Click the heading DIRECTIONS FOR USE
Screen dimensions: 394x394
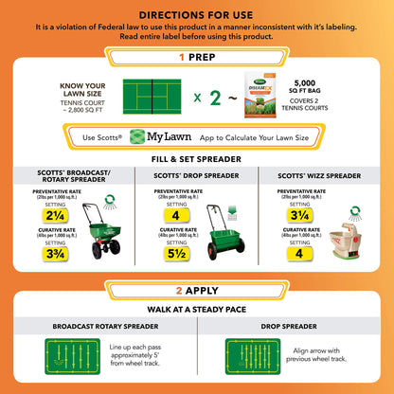pyautogui.click(x=197, y=15)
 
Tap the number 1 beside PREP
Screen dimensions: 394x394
pyautogui.click(x=181, y=56)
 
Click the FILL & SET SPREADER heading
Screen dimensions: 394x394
pyautogui.click(x=197, y=161)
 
